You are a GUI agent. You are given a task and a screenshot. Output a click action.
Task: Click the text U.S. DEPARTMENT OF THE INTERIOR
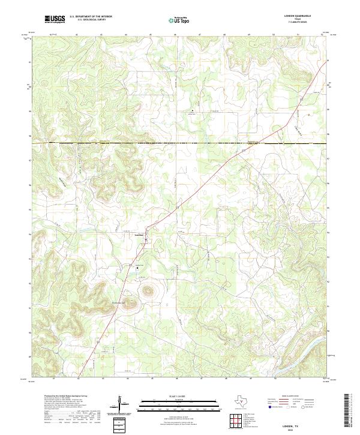click(91, 17)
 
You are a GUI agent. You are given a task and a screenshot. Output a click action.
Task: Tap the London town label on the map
click(139, 235)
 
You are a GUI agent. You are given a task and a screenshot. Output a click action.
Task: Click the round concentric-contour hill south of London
click(146, 292)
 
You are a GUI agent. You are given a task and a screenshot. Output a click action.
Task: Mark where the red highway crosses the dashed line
click(226, 144)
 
